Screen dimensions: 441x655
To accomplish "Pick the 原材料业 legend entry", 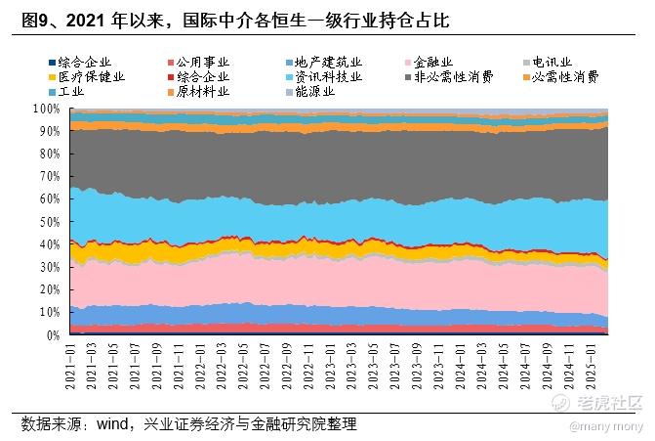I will point(201,91).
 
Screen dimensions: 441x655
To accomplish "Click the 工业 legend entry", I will point(70,91).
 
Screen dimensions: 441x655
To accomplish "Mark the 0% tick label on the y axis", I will point(54,335).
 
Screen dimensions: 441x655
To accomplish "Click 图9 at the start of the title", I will point(36,21).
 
